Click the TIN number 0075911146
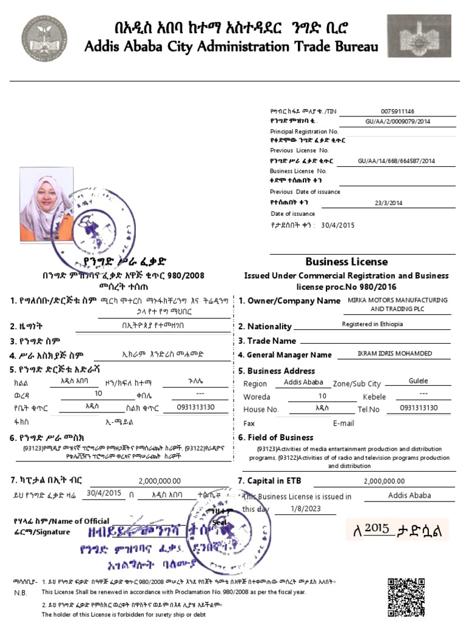[x=397, y=112]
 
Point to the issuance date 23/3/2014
[x=388, y=203]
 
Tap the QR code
[x=407, y=597]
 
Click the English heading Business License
[x=346, y=262]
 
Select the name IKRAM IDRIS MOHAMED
[x=395, y=354]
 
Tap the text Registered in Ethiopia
[x=372, y=324]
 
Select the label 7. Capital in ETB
[x=269, y=482]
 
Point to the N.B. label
[x=21, y=592]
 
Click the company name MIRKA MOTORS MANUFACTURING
[x=397, y=300]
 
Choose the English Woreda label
[x=257, y=397]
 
